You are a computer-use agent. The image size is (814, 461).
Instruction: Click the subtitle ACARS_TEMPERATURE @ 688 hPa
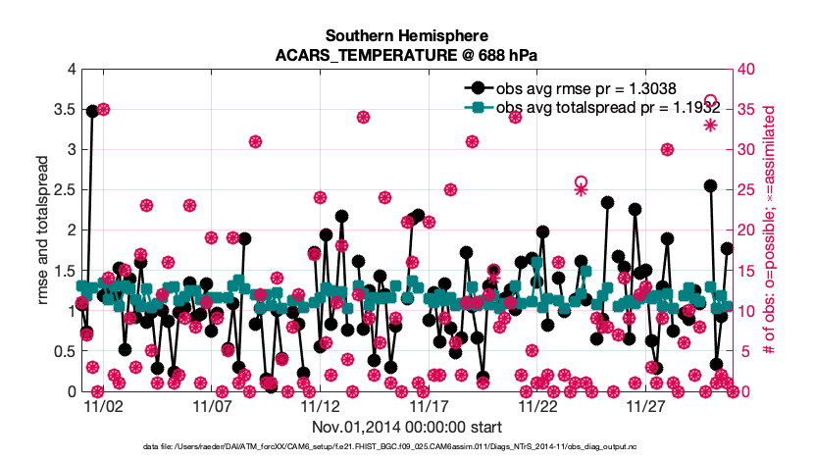pos(407,55)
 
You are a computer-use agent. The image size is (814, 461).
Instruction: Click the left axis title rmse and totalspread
pos(44,230)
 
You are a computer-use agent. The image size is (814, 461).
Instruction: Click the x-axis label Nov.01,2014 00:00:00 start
pos(407,427)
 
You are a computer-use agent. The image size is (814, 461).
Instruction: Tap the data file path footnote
pos(407,448)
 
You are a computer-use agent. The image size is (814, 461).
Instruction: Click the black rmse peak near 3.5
pos(92,111)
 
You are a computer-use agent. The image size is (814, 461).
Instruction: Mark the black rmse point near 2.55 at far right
pos(711,185)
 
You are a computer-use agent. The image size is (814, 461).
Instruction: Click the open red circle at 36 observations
pos(711,101)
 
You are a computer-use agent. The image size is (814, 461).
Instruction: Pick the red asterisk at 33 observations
pos(711,126)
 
